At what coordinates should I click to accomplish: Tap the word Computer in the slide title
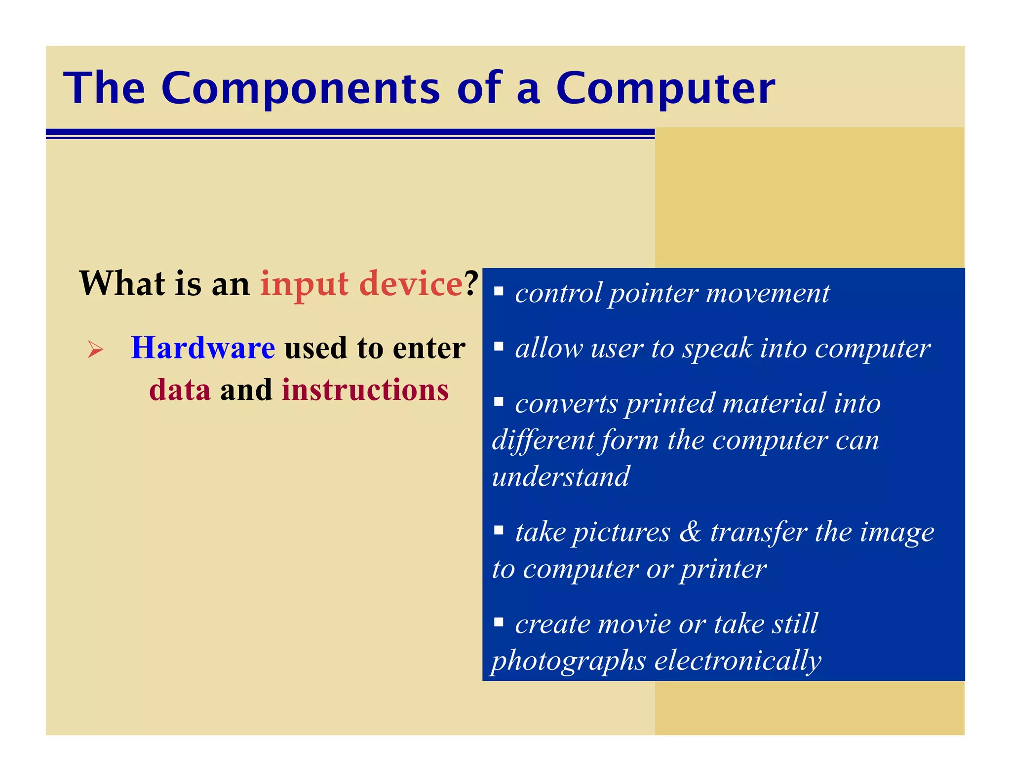click(665, 89)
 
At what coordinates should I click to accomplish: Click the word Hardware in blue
click(203, 348)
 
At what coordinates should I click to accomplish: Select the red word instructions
click(365, 390)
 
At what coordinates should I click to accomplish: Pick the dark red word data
click(180, 390)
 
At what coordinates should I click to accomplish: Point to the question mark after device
click(472, 283)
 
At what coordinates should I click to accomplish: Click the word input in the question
click(305, 284)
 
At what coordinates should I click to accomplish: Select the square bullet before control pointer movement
click(499, 291)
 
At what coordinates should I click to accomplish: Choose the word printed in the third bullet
click(669, 404)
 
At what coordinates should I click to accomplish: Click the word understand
click(561, 477)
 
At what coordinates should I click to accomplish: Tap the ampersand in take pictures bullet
click(690, 532)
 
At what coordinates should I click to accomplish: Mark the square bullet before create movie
click(499, 622)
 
